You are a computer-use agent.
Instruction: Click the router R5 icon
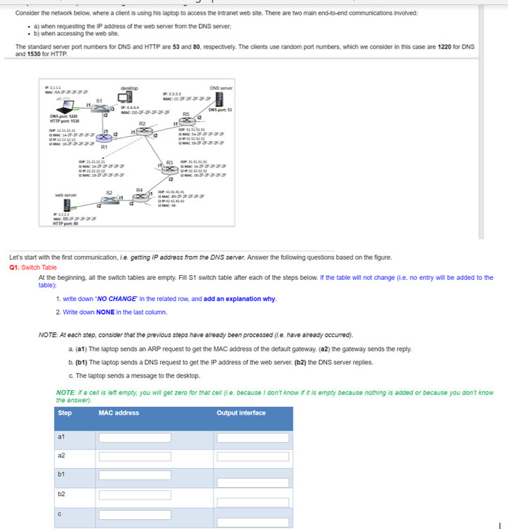pyautogui.click(x=186, y=121)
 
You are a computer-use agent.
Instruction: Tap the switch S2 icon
pyautogui.click(x=109, y=199)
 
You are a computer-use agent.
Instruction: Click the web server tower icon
pyautogui.click(x=68, y=205)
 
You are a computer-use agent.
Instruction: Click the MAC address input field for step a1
pyautogui.click(x=135, y=438)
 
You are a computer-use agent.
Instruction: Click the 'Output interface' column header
pyautogui.click(x=241, y=413)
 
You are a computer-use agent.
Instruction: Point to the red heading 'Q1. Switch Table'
pyautogui.click(x=33, y=267)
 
